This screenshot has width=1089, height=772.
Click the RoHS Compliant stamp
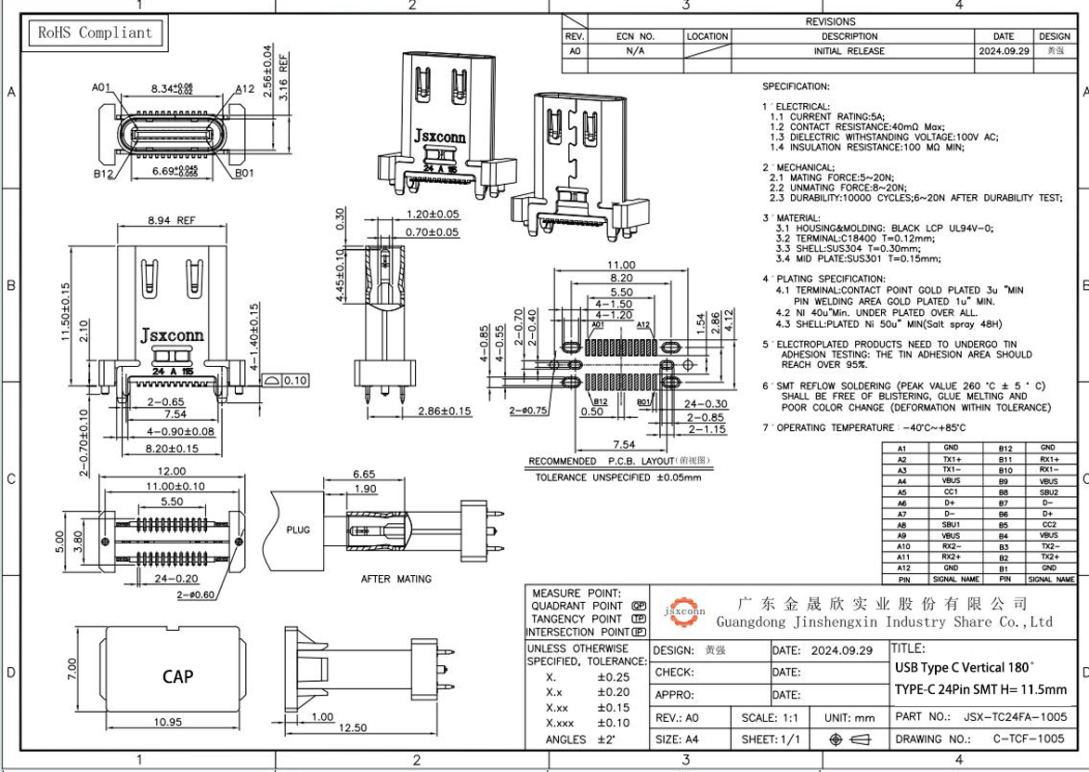pyautogui.click(x=95, y=33)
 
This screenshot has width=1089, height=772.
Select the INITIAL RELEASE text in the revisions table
pyautogui.click(x=849, y=51)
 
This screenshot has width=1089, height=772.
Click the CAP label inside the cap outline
pyautogui.click(x=177, y=676)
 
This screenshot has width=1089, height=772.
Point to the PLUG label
pyautogui.click(x=298, y=530)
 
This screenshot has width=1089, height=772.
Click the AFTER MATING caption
pyautogui.click(x=395, y=579)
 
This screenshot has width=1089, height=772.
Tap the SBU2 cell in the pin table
pyautogui.click(x=1048, y=491)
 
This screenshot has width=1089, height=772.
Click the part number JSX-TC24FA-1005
pyautogui.click(x=1015, y=717)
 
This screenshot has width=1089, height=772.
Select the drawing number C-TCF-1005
pyautogui.click(x=1029, y=739)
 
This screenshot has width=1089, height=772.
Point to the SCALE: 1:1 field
pyautogui.click(x=770, y=717)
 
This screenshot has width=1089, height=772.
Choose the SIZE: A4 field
pyautogui.click(x=681, y=739)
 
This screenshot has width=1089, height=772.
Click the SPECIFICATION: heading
pyautogui.click(x=796, y=86)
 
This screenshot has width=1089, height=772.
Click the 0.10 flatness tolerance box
pyautogui.click(x=287, y=380)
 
